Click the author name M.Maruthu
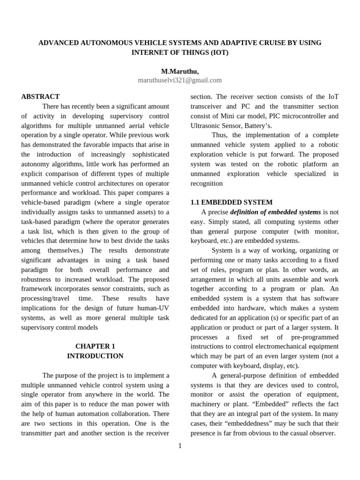point(180,71)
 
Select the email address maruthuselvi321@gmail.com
point(180,81)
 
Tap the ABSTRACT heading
point(40,97)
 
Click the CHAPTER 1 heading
point(95,346)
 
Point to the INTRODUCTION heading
point(95,356)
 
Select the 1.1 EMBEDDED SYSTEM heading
point(231,202)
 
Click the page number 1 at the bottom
point(180,446)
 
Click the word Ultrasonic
point(207,126)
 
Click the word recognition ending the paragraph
point(207,184)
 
